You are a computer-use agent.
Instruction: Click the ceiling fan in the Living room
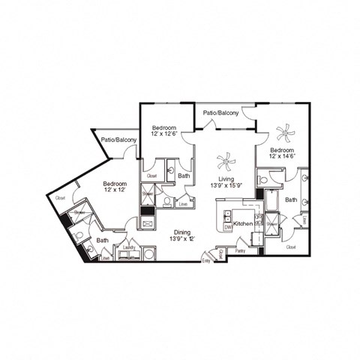(x=226, y=161)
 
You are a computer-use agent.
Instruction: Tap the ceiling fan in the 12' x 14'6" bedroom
(x=285, y=134)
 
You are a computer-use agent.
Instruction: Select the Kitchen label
(x=243, y=224)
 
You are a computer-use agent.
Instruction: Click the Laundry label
(x=127, y=247)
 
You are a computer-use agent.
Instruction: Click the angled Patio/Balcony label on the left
(x=120, y=140)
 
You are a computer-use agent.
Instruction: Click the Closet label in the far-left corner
(x=60, y=199)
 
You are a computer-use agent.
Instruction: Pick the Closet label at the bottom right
(x=290, y=246)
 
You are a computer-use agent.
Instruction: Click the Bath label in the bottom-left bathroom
(x=102, y=240)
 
